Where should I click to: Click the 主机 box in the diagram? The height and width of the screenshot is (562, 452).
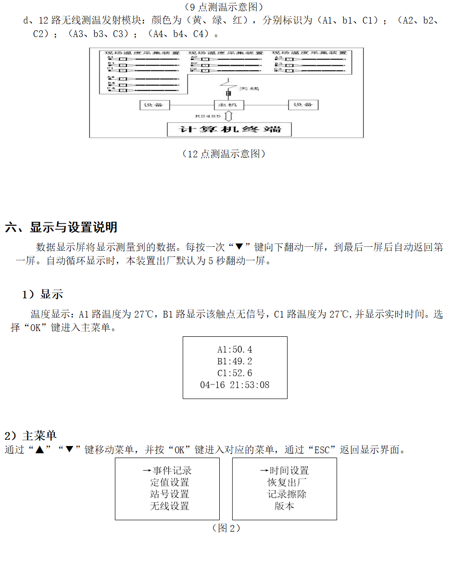(x=228, y=105)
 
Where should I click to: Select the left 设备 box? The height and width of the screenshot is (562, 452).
(x=153, y=105)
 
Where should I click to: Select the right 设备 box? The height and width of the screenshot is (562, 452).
(x=303, y=105)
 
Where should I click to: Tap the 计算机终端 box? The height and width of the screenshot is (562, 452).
(x=229, y=129)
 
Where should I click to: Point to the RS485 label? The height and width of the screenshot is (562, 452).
(x=208, y=116)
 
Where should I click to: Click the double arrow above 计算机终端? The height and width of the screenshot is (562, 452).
(x=229, y=116)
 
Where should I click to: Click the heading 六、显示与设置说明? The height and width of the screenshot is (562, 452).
(x=61, y=227)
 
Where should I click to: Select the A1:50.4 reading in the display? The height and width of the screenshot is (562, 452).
(x=235, y=350)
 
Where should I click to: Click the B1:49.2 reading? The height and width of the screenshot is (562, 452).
(x=235, y=361)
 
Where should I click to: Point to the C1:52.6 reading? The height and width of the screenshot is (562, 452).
(x=235, y=373)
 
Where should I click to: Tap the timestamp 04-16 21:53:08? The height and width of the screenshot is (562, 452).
(x=235, y=385)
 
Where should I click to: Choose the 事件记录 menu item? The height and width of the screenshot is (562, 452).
(x=172, y=471)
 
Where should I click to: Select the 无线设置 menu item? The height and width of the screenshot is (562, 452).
(x=170, y=506)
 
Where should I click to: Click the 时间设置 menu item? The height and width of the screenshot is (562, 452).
(x=289, y=471)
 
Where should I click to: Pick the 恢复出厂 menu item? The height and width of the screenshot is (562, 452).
(x=287, y=482)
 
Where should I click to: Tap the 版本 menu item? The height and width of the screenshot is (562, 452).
(x=284, y=506)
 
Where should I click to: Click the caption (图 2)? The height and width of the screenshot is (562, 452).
(x=226, y=528)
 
